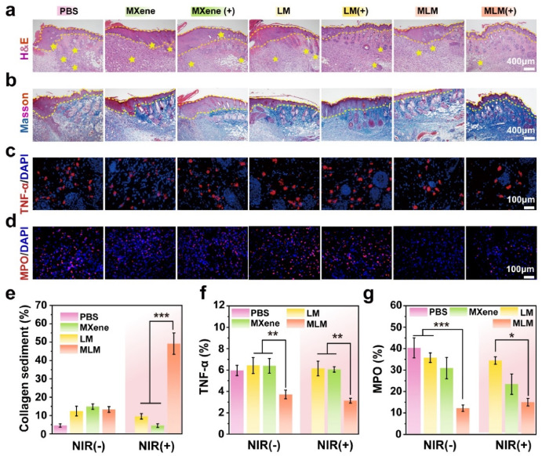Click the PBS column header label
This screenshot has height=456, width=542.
pyautogui.click(x=67, y=9)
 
